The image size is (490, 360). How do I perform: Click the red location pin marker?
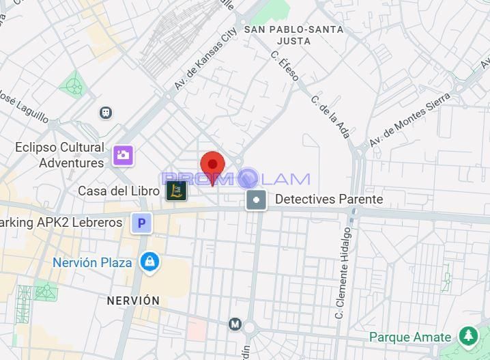pos(212,166)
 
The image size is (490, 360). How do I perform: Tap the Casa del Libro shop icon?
pos(177,191)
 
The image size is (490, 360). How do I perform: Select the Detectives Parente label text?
pos(329,199)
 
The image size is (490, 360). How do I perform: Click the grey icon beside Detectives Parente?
pos(257,200)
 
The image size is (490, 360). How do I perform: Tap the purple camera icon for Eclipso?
pos(124,155)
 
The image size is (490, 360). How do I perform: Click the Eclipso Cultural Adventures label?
pos(60,155)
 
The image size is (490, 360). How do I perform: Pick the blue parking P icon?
pos(141,223)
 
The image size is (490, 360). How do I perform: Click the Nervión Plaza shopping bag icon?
pos(149,261)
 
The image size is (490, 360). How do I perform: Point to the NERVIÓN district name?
pos(133,301)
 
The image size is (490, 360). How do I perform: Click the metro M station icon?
pos(235,324)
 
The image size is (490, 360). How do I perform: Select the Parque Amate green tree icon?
pos(468,336)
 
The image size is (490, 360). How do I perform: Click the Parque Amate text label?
pos(410,337)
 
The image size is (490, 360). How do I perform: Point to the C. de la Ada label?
pos(330,116)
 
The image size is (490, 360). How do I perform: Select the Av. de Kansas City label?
pos(205,59)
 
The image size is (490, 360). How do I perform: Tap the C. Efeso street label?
pos(285,66)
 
